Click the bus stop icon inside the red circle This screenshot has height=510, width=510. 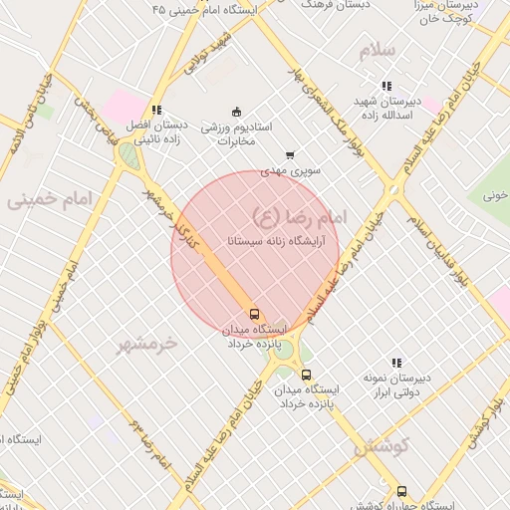(254, 313)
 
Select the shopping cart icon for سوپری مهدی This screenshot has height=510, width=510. (290, 154)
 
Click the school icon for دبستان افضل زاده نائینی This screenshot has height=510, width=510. (155, 110)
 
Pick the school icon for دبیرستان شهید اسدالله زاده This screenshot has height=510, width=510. (385, 86)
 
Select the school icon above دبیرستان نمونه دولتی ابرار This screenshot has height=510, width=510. (396, 364)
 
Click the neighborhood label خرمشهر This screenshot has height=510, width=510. (146, 345)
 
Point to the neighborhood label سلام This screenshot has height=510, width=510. (379, 50)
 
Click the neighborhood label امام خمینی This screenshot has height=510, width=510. (49, 200)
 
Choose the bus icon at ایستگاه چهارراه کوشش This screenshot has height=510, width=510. (401, 491)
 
